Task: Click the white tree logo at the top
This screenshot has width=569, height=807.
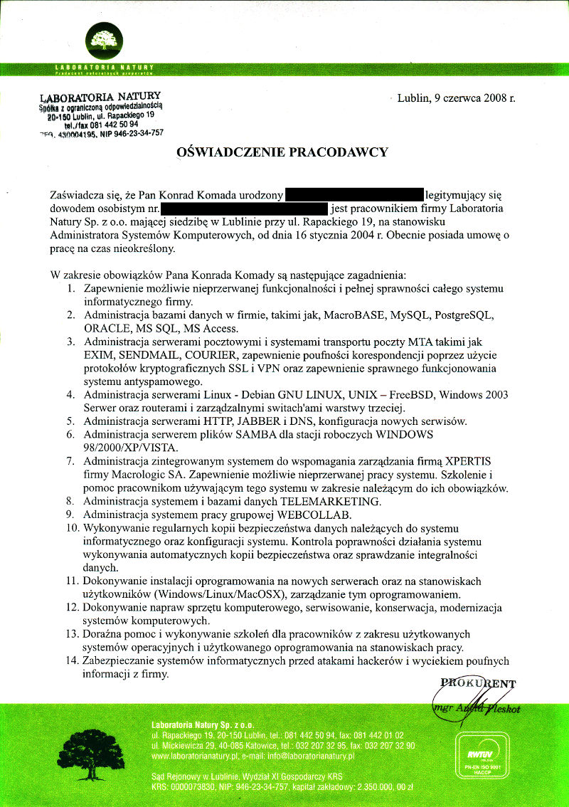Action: point(104,40)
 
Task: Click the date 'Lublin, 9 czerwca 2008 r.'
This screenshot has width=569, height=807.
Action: point(456,98)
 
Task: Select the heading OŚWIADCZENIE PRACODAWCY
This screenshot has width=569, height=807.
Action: point(282,152)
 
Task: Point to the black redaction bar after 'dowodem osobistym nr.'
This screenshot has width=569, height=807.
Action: point(245,209)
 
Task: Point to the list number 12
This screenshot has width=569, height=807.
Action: point(72,608)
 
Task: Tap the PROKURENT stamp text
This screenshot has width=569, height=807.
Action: point(478,685)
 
